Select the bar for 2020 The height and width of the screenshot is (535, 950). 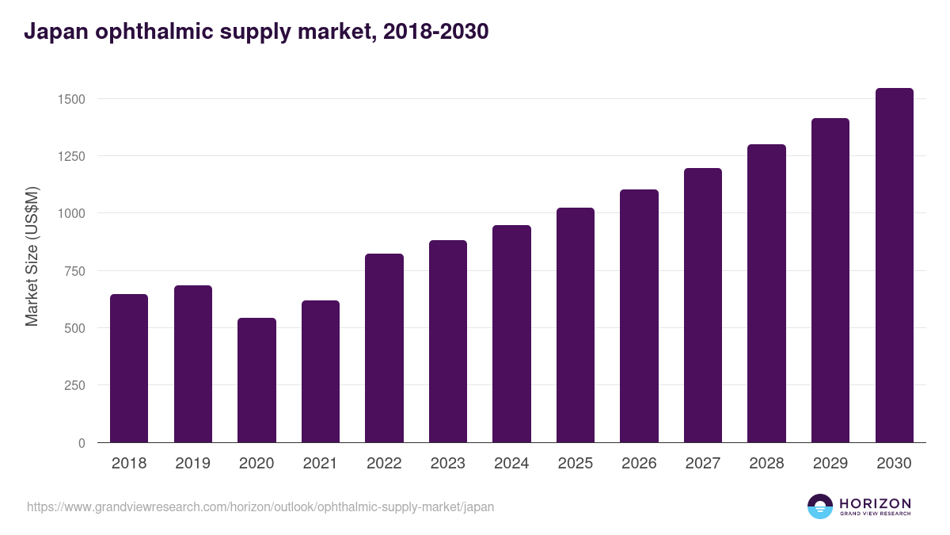(x=256, y=380)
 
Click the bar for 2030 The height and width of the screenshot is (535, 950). (x=894, y=266)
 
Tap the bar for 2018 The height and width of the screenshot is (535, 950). (x=129, y=369)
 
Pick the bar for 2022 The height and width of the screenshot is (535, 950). (x=384, y=349)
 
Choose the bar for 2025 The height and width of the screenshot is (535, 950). (x=576, y=325)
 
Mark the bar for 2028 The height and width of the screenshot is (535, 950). (x=766, y=293)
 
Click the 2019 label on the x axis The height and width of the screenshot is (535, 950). (x=192, y=464)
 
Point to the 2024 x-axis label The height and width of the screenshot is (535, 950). (x=511, y=464)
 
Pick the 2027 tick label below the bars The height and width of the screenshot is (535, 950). (x=703, y=464)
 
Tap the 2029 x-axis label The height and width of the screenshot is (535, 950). (x=830, y=464)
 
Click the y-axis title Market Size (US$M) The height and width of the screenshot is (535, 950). (x=32, y=255)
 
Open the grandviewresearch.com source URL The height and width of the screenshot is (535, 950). (x=260, y=506)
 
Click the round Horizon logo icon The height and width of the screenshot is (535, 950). (x=820, y=506)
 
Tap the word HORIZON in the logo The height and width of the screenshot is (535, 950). (x=875, y=503)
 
